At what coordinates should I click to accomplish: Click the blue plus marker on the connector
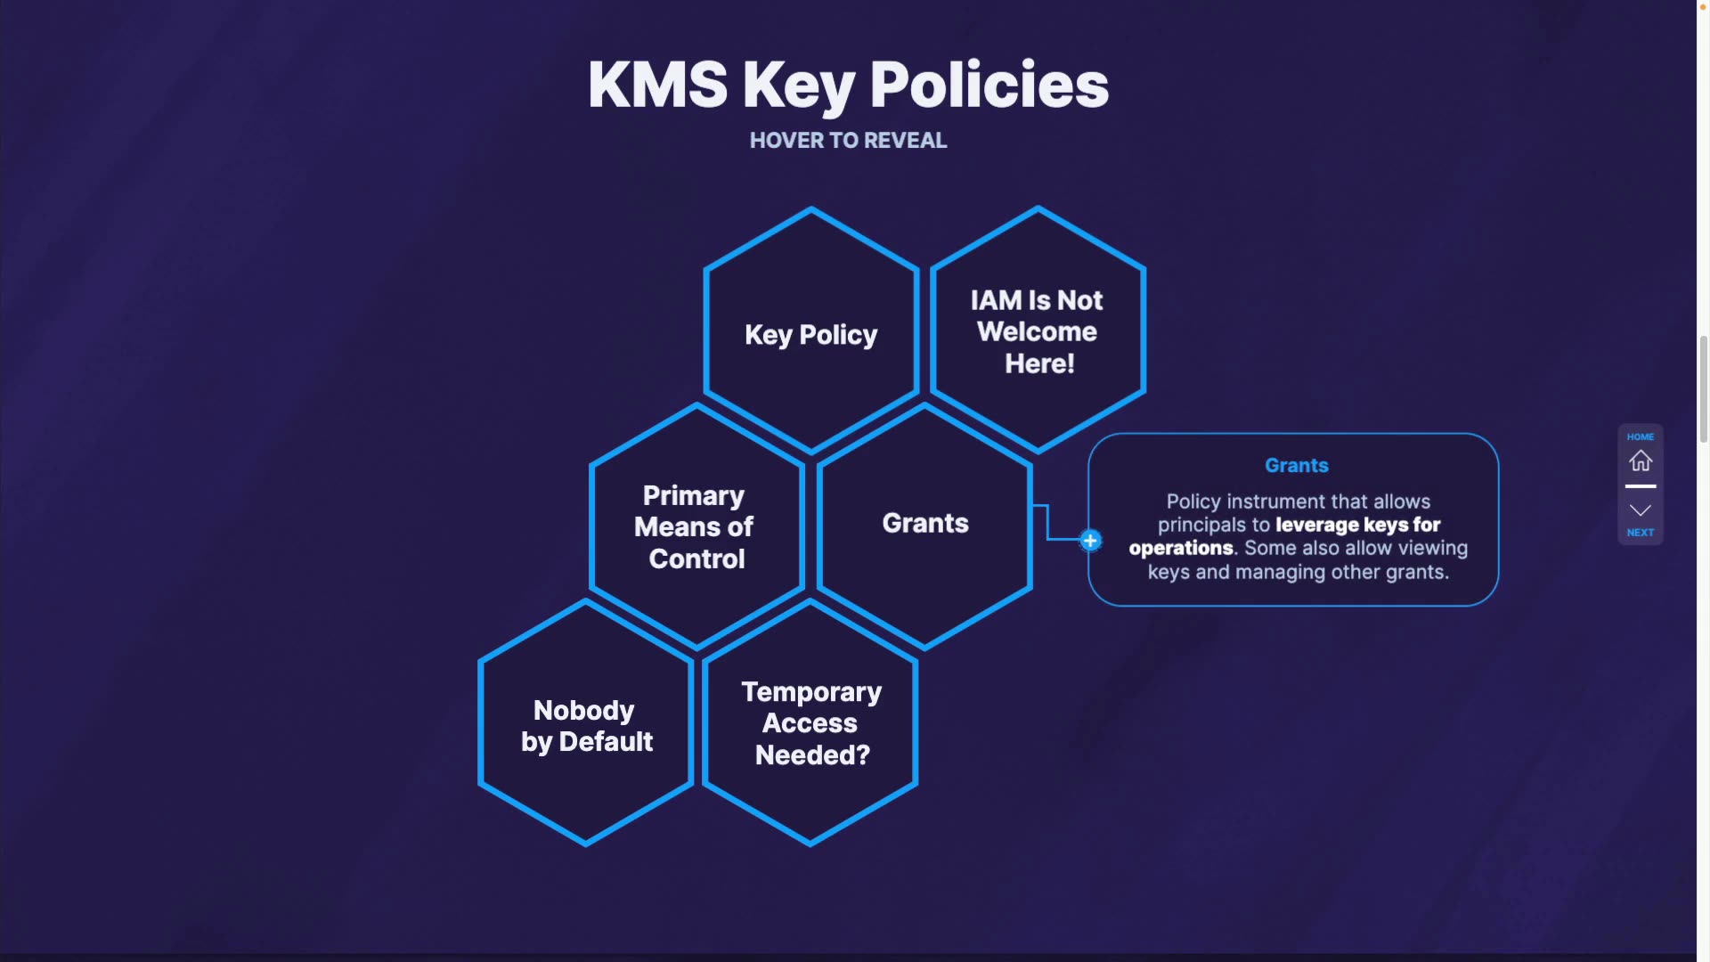1090,541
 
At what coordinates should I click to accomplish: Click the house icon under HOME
1641,461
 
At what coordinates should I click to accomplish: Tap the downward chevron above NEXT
1641,510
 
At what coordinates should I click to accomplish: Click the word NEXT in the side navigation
1641,533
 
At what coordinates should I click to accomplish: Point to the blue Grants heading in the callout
1297,465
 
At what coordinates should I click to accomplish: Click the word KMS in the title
657,86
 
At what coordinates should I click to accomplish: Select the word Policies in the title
989,86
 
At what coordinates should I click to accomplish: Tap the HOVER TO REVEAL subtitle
848,141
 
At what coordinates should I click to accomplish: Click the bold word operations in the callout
1181,548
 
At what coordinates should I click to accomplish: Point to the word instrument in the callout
1276,501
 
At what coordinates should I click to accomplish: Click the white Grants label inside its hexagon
925,523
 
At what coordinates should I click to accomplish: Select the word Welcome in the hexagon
1037,331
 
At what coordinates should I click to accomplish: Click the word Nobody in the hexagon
584,710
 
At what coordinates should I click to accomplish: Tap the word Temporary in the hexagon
811,691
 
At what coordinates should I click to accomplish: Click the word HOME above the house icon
1641,436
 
